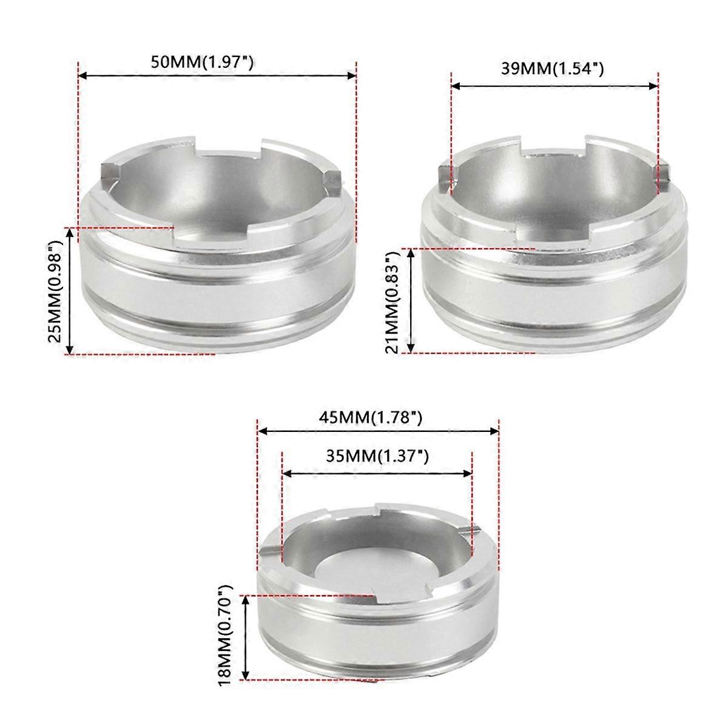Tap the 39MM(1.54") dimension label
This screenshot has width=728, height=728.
[x=552, y=69]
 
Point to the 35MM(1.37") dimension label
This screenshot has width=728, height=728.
[x=377, y=456]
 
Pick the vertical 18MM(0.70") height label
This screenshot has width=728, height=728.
[x=226, y=636]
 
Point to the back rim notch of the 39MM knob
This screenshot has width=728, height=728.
[x=552, y=146]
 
